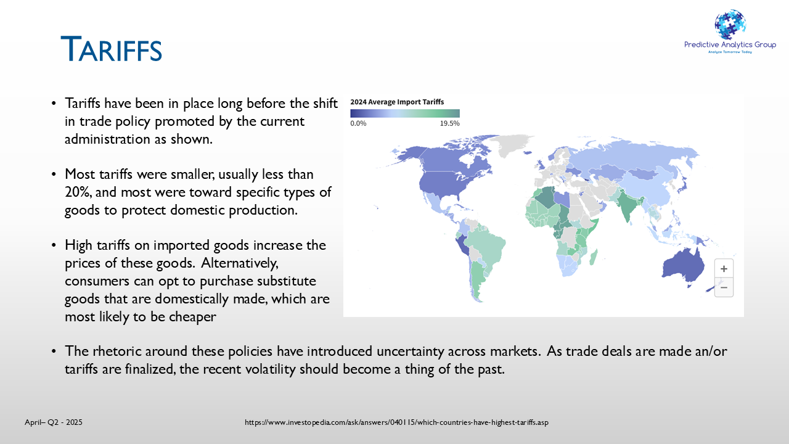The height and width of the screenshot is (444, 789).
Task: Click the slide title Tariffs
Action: tap(112, 49)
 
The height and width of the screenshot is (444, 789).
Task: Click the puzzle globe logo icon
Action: tap(730, 25)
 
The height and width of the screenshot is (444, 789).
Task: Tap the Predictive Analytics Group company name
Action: tap(730, 44)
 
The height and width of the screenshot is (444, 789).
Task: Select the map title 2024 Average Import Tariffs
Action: tap(397, 102)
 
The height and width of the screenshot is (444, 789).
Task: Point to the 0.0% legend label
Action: tap(358, 123)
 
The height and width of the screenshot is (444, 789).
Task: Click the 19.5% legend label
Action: tap(449, 123)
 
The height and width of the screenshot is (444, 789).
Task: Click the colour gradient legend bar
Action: tap(405, 113)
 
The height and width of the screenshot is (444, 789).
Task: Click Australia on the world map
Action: tap(683, 266)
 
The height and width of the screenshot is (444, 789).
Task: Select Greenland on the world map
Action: tap(511, 144)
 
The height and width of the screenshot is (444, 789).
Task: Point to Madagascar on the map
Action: tap(594, 257)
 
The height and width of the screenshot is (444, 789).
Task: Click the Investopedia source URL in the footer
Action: tap(396, 422)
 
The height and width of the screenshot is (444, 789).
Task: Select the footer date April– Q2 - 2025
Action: tap(54, 422)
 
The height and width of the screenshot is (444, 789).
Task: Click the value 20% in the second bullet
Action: tap(78, 192)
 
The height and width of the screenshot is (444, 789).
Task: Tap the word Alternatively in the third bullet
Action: tap(240, 263)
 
